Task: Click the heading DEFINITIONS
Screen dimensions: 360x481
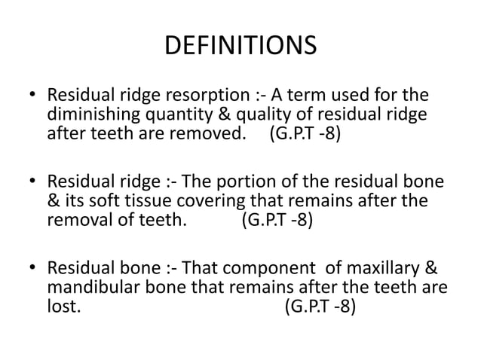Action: click(240, 46)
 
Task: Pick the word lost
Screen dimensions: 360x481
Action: click(62, 308)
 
